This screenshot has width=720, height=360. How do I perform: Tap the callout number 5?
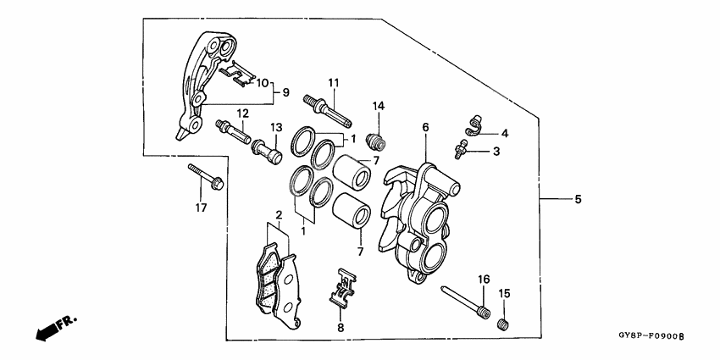pyautogui.click(x=579, y=200)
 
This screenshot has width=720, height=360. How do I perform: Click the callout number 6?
pyautogui.click(x=426, y=127)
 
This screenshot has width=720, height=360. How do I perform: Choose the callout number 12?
pyautogui.click(x=242, y=113)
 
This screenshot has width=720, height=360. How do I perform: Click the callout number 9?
pyautogui.click(x=285, y=91)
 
